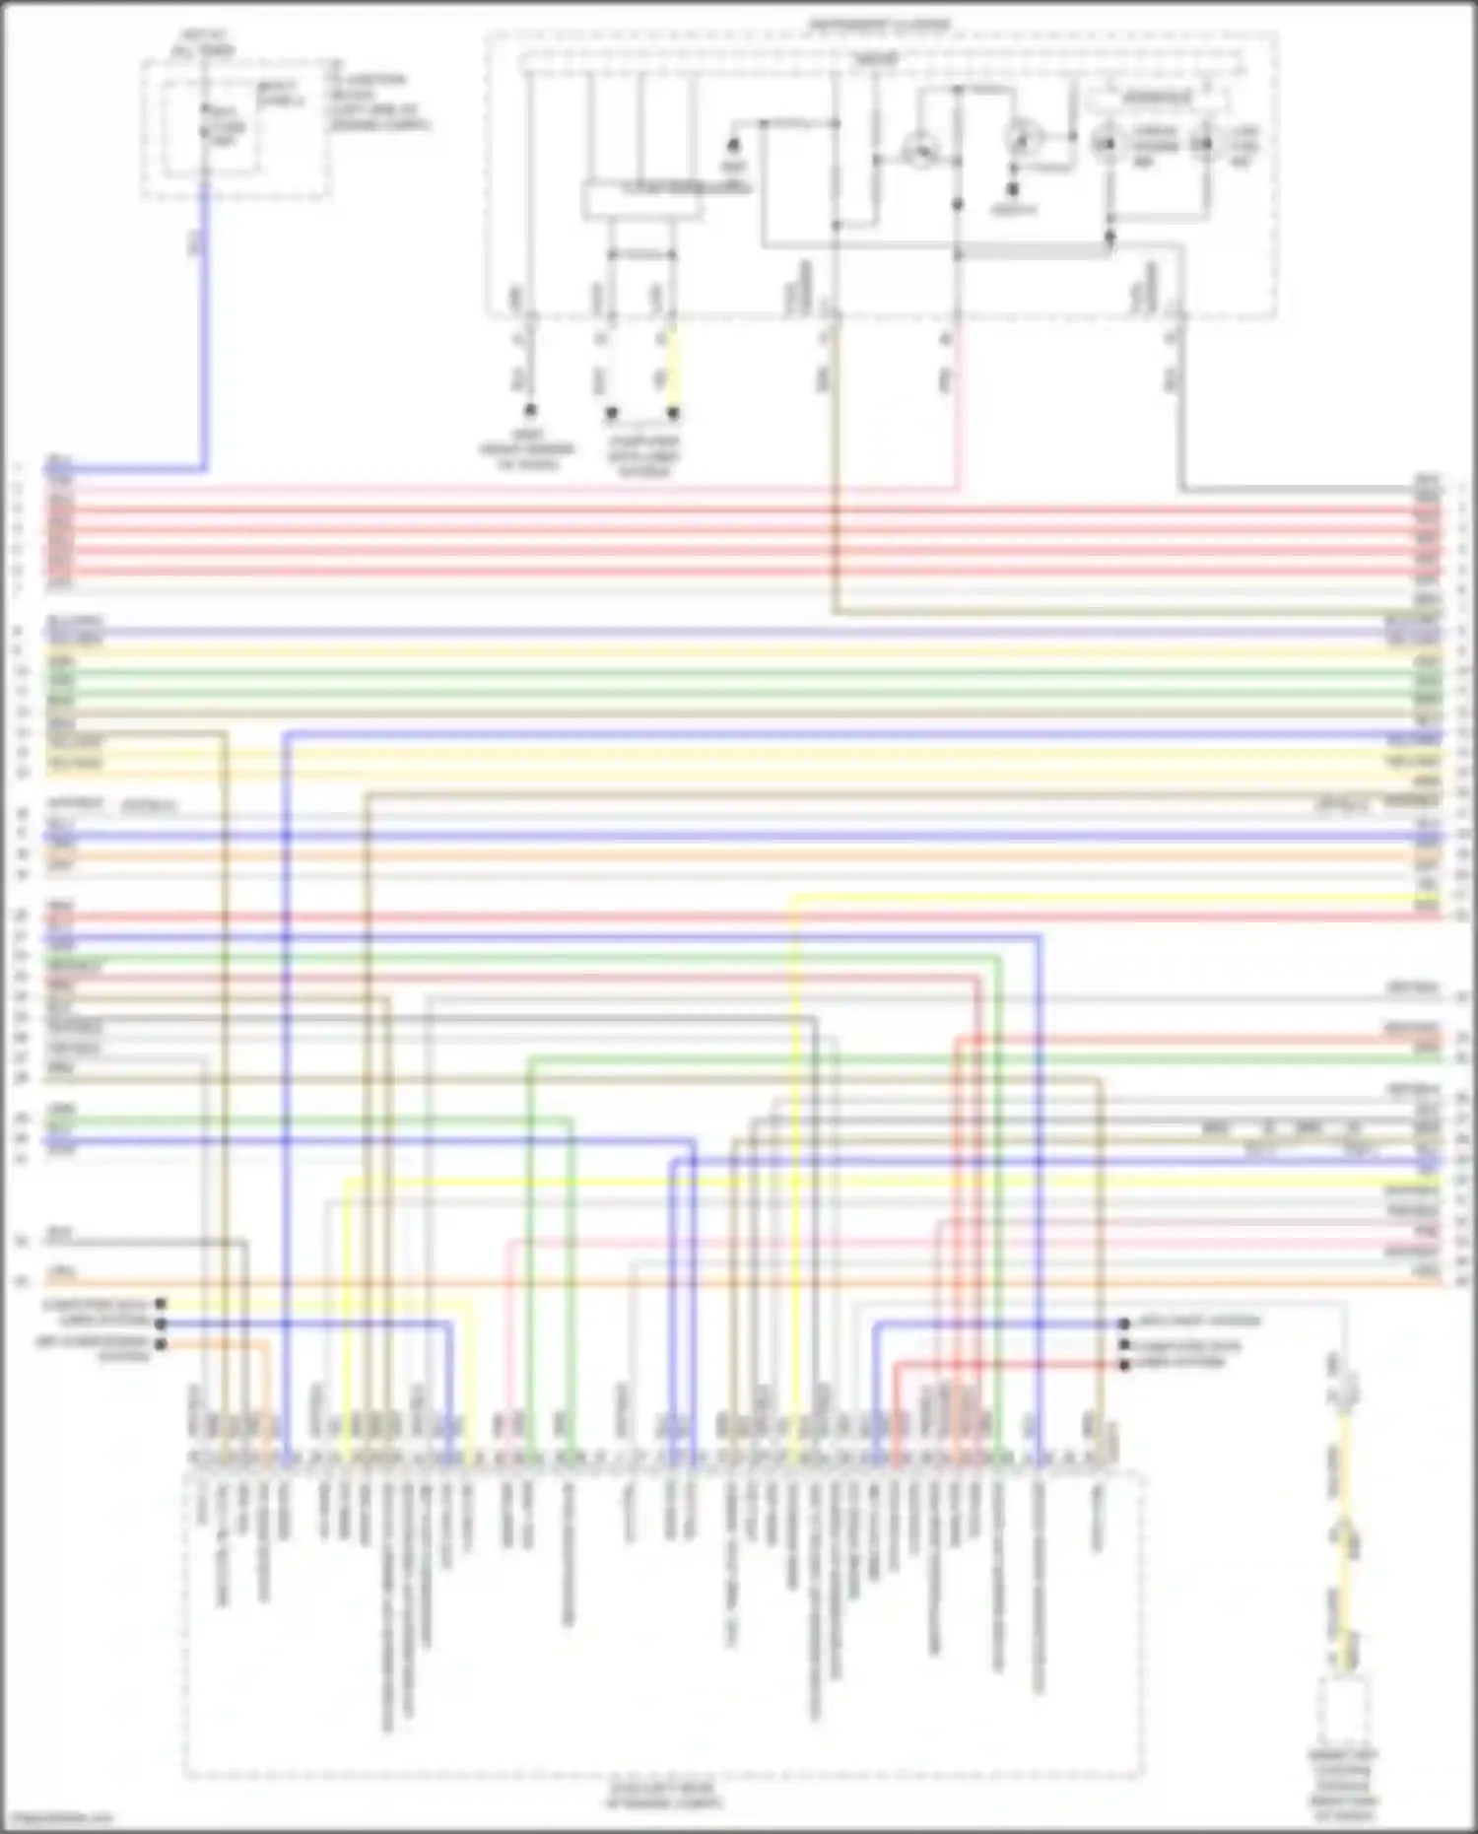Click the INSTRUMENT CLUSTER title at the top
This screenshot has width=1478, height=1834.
click(x=880, y=23)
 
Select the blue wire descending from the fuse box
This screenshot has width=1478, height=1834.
click(x=204, y=325)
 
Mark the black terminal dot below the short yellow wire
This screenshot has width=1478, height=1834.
click(x=674, y=413)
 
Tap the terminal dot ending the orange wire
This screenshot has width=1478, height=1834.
click(x=161, y=1343)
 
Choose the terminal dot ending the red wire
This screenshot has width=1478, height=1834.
click(x=1124, y=1365)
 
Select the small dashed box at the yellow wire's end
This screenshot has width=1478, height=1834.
click(x=1344, y=1715)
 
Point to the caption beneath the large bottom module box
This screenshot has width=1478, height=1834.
click(x=663, y=1796)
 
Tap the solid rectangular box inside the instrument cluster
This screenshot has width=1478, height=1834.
click(x=641, y=200)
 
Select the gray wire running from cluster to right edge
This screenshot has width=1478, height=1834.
click(x=1281, y=489)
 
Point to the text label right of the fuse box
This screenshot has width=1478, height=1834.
click(x=379, y=102)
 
